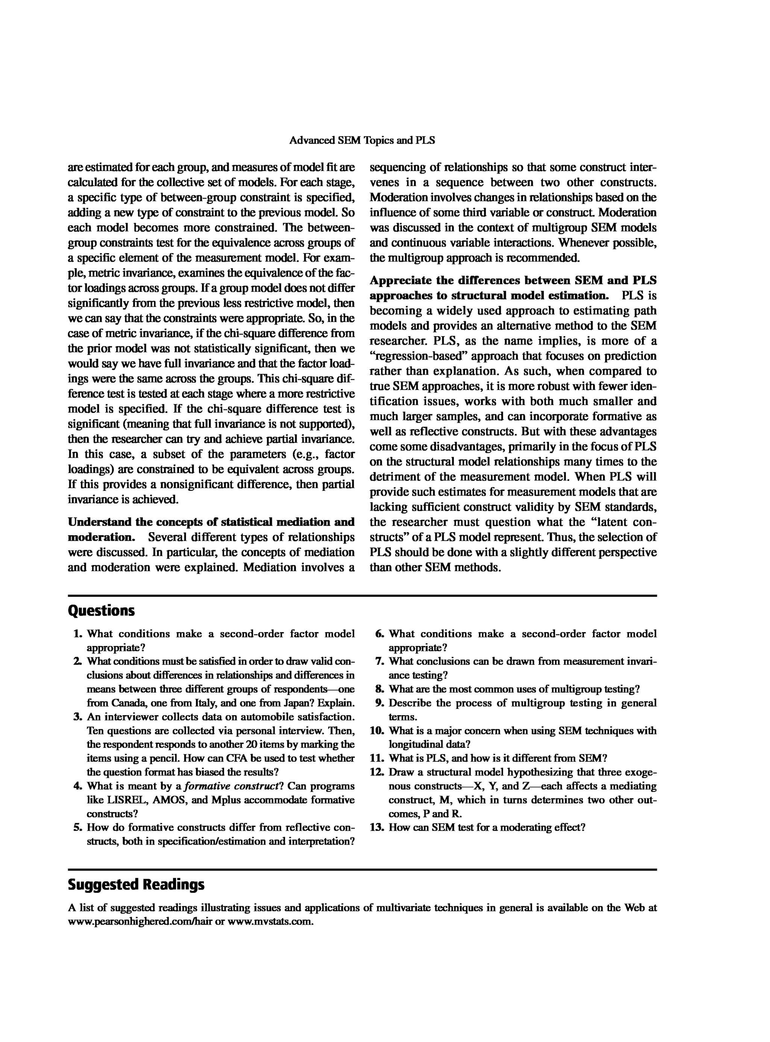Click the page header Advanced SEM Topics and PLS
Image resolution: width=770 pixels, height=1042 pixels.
pos(362,140)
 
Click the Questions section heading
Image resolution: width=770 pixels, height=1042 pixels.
pos(101,611)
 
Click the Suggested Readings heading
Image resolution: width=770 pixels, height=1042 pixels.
pos(136,884)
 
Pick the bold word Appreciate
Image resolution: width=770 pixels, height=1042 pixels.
pos(400,281)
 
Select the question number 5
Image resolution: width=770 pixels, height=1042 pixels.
pos(78,828)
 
